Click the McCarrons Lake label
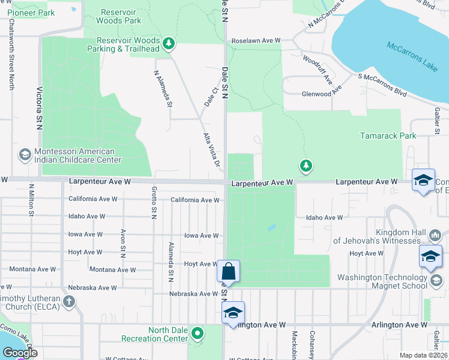coord(412,56)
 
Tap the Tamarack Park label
coord(388,136)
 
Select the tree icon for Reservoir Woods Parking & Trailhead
coord(169,43)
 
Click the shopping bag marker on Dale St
coord(229,271)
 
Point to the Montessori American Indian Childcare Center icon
coord(25,155)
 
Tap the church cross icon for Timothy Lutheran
coord(69,301)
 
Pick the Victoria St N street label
coord(40,107)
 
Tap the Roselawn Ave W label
coord(256,41)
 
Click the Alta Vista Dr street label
coord(211,149)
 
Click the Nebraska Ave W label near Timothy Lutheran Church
coord(92,288)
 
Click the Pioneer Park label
coord(36,13)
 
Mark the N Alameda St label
coord(163,89)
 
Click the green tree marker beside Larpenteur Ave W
coord(306,165)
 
